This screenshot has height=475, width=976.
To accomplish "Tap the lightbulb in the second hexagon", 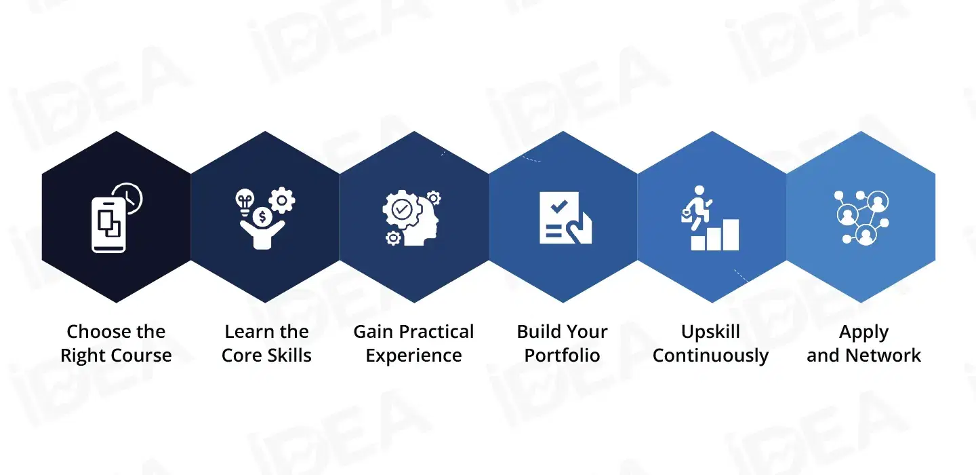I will point(244,199).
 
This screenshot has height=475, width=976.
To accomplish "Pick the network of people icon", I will point(861,217).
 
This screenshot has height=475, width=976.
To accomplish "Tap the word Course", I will point(145,356).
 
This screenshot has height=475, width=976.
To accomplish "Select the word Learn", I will point(245,332).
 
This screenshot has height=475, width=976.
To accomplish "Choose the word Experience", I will point(413,356).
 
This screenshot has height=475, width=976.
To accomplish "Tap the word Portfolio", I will point(562,356).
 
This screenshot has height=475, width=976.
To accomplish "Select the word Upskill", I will point(710,332).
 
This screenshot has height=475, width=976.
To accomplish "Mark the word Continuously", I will point(710,356).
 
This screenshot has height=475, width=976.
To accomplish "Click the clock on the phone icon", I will point(129,197).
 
